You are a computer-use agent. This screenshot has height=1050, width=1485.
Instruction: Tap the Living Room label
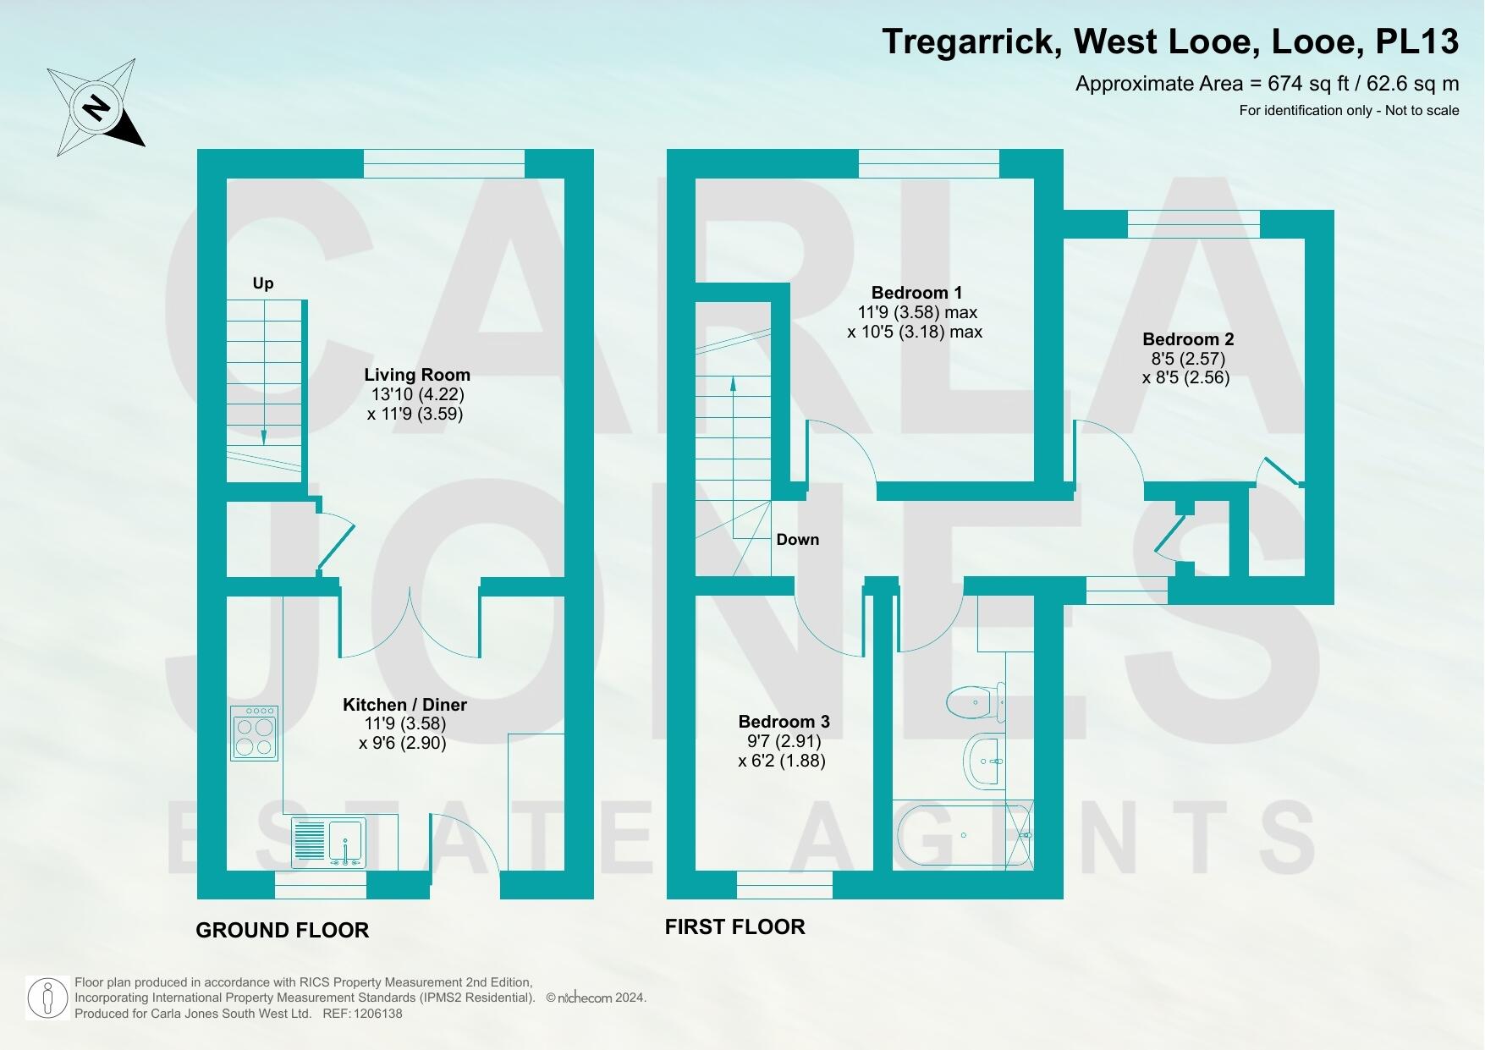coord(417,375)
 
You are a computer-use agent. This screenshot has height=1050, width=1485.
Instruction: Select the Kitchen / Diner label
coord(404,705)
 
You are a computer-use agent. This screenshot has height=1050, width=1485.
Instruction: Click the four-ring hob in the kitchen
coord(255,734)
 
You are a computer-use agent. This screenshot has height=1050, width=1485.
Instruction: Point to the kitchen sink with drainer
coord(329,842)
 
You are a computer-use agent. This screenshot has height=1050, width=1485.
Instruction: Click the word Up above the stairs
coord(263,283)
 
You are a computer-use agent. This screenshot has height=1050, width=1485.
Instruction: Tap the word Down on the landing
coord(797,540)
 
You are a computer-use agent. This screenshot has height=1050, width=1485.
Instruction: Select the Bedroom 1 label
coord(916,293)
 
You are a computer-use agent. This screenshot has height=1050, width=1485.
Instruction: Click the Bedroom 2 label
coord(1186,339)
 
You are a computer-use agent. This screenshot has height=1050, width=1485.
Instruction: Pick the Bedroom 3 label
coord(784,722)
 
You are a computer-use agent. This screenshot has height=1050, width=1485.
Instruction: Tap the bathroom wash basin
coord(984,761)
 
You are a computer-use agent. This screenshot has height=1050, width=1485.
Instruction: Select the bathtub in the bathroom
coord(963,835)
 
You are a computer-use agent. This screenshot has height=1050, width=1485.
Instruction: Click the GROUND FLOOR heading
coord(283,931)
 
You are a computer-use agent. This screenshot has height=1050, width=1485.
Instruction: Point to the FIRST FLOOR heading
coord(734,927)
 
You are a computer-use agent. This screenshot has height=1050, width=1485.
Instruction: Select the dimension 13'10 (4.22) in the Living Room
coord(418,394)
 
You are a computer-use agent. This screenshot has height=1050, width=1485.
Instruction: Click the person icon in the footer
coord(48,999)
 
